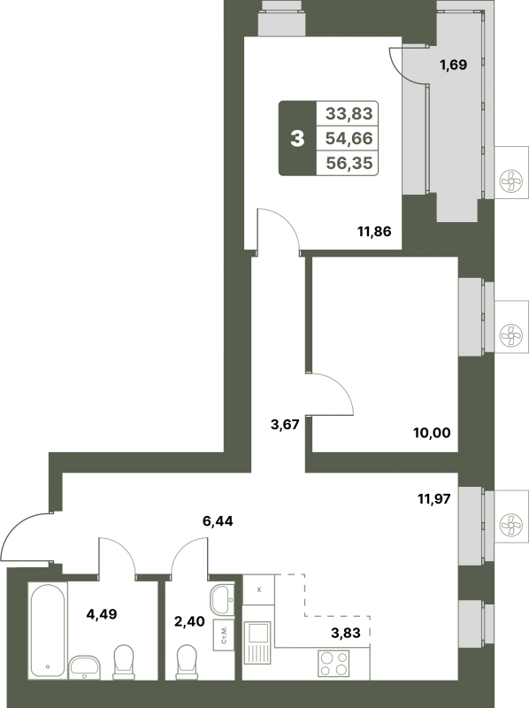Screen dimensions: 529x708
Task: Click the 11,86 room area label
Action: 374,232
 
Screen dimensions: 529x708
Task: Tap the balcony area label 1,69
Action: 454,65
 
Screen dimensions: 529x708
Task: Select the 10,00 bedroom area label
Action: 432,433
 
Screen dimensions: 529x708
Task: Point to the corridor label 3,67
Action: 285,425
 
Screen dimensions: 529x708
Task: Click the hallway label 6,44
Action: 218,521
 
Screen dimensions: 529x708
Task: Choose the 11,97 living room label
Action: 433,499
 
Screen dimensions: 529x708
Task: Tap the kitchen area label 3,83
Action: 346,633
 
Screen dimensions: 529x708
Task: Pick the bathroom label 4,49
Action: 102,614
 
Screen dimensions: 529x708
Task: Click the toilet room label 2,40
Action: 189,622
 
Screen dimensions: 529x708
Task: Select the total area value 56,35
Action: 349,163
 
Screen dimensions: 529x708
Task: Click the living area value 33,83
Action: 349,113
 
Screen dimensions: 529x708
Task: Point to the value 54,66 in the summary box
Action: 349,138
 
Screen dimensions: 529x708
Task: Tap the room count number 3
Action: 297,138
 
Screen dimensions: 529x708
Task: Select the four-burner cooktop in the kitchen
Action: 333,663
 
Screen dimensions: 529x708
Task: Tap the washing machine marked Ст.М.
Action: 224,635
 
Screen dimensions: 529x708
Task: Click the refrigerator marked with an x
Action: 258,589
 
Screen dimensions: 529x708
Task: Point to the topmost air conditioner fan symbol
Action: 511,181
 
